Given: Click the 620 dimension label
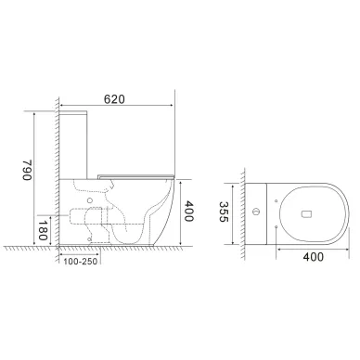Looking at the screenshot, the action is click(114, 99).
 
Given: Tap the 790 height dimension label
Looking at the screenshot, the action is click(27, 170).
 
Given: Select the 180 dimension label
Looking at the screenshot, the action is click(43, 230).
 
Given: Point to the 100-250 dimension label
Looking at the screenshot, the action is click(81, 262).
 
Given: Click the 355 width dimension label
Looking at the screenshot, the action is click(224, 212).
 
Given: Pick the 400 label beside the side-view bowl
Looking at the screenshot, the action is click(188, 212).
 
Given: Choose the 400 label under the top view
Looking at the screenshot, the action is click(313, 257).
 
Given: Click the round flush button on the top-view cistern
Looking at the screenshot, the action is click(255, 212).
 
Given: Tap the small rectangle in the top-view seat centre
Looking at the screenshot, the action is click(307, 213).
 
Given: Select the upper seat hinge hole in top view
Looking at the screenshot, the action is click(276, 200).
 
